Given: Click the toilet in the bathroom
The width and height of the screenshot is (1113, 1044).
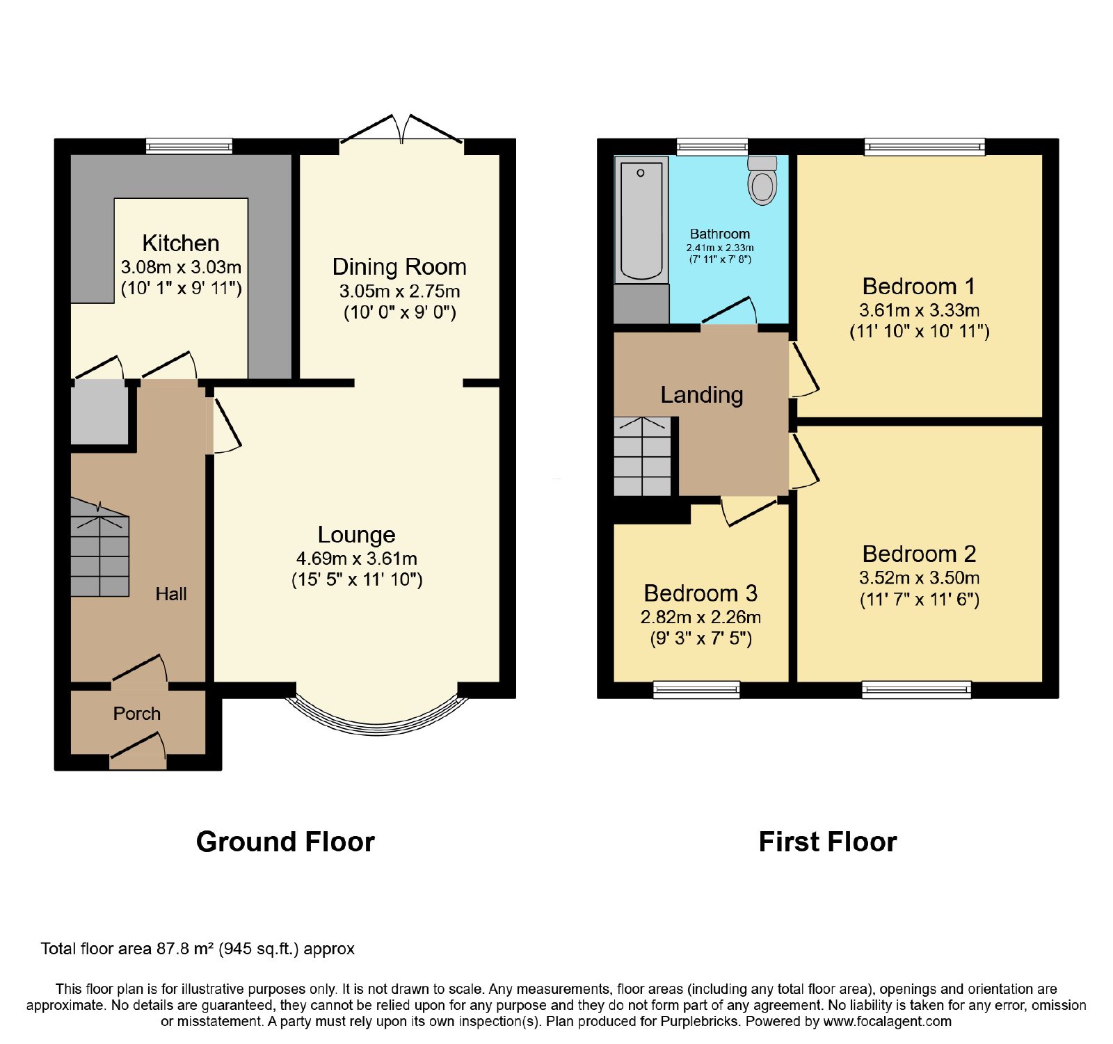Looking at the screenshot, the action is (x=762, y=180).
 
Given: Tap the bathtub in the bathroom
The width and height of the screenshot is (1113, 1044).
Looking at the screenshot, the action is (x=641, y=220).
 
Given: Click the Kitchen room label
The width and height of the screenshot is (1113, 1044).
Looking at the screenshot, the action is (x=181, y=243).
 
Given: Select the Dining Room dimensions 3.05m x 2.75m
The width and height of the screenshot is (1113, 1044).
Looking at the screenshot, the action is (x=399, y=291).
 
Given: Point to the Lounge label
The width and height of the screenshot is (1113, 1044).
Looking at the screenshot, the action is (x=357, y=534).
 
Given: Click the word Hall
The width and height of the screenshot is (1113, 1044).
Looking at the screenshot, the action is (x=171, y=593).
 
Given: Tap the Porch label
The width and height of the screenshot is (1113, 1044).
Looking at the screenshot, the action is (x=137, y=714).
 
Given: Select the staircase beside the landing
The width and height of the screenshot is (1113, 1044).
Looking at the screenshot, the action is (x=642, y=456).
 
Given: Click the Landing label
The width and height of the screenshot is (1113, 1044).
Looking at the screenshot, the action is (x=702, y=394).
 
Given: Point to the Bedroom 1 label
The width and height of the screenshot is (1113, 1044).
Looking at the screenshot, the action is (x=919, y=286).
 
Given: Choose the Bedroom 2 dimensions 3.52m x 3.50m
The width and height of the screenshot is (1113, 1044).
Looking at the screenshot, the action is (x=920, y=577).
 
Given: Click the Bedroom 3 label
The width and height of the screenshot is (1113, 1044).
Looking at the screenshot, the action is (x=700, y=593).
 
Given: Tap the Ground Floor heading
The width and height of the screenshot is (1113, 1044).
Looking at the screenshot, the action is (x=285, y=842).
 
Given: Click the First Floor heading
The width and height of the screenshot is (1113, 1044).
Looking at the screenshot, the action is (x=828, y=842).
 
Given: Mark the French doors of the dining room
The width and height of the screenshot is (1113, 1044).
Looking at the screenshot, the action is (x=402, y=130).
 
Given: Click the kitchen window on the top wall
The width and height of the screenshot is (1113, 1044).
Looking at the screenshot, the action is (x=189, y=146).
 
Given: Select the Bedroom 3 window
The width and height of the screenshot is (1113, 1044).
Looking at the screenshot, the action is (x=696, y=689).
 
